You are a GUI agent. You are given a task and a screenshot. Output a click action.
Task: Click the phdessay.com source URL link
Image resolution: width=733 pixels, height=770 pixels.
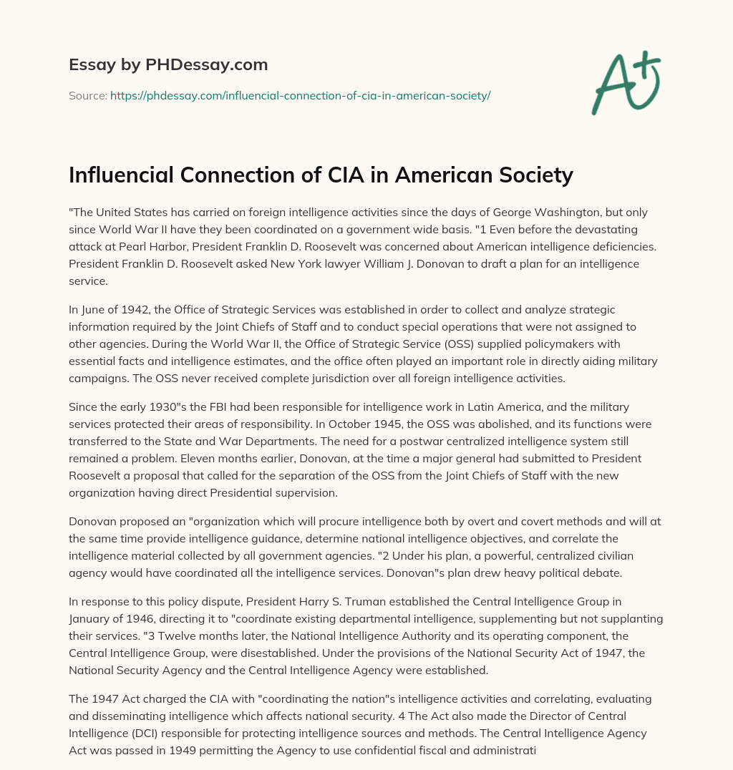(x=300, y=95)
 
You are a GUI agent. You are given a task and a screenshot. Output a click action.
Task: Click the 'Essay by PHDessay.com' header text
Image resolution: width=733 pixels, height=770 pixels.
(x=168, y=65)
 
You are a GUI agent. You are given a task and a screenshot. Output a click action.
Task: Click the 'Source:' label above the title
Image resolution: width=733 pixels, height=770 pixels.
(x=87, y=95)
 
